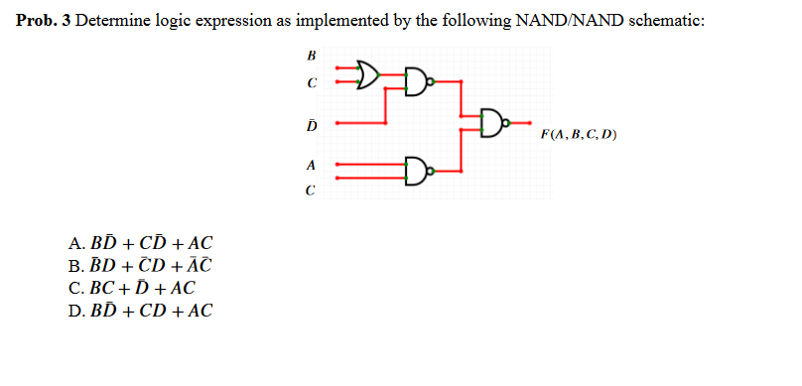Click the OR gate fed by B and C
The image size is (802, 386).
pyautogui.click(x=367, y=71)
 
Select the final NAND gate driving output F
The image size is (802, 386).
pyautogui.click(x=494, y=123)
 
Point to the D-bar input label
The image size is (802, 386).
pyautogui.click(x=314, y=124)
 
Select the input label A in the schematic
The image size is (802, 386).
pyautogui.click(x=313, y=164)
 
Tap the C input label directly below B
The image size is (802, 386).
pyautogui.click(x=314, y=83)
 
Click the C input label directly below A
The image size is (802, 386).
pyautogui.click(x=314, y=188)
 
